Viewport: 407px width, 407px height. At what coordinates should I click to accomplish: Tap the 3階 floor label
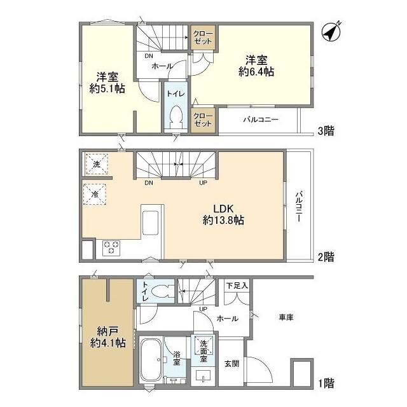tap(326, 131)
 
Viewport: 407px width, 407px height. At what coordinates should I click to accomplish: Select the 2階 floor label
tap(326, 257)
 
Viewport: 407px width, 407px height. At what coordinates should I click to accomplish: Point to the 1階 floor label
tap(326, 383)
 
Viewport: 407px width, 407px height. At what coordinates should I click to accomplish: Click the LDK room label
tap(223, 209)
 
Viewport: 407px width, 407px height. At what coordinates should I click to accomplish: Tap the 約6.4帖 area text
tap(256, 72)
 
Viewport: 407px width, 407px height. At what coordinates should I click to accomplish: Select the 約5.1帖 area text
tap(107, 88)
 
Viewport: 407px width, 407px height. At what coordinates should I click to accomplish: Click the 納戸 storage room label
tap(107, 331)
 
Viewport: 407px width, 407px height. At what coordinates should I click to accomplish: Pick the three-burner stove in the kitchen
tap(111, 248)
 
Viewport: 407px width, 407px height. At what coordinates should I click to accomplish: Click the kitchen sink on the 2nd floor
tap(150, 223)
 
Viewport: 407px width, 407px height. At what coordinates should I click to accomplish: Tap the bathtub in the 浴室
tap(151, 360)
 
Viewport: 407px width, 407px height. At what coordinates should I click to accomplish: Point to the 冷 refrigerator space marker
tap(95, 194)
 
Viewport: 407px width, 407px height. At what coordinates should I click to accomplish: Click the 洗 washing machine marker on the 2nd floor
tap(97, 164)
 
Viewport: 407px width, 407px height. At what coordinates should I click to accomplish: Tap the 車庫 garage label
tap(286, 317)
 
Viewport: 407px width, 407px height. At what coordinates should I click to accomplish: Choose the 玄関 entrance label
tap(231, 364)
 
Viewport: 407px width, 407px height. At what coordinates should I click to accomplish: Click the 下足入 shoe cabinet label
tap(237, 286)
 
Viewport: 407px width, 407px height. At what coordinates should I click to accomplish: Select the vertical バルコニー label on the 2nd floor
tap(299, 206)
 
